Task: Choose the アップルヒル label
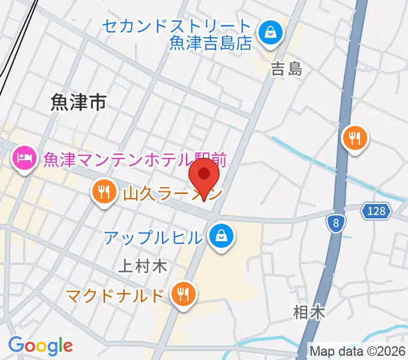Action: [153, 238]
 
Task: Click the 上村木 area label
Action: [142, 266]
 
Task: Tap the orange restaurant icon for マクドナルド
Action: [181, 293]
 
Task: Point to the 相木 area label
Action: [309, 312]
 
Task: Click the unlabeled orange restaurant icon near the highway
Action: [355, 140]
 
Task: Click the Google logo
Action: [40, 345]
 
